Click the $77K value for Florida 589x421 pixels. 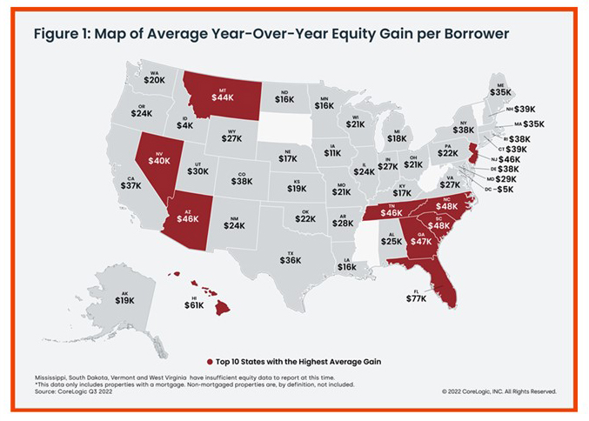pos(417,298)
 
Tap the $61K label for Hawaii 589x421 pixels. pos(194,305)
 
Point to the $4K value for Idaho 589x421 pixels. pos(184,125)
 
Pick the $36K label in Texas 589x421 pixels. pos(291,260)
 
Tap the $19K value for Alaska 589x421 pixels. pos(124,300)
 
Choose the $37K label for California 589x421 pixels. pos(131,185)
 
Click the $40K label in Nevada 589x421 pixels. pos(159,160)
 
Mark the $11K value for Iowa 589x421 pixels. pos(332,153)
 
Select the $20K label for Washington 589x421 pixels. pos(154,80)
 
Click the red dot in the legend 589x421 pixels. pos(210,360)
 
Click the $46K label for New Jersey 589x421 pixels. pos(509,160)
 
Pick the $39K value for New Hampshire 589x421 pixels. pos(525,109)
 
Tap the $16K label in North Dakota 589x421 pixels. pos(284,99)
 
